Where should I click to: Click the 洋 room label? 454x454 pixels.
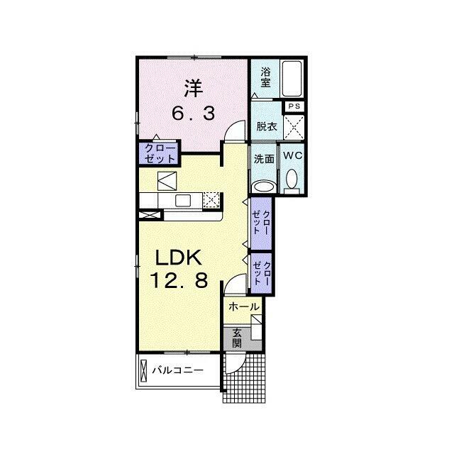(x=194, y=88)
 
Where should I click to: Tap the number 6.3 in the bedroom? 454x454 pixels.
(x=194, y=113)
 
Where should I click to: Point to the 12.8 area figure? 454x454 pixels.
(x=179, y=280)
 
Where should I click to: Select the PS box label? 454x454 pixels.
(x=294, y=106)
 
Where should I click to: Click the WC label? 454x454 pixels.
(x=292, y=155)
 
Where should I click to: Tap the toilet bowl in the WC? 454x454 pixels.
(x=292, y=179)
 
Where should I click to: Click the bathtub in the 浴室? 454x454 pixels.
(x=292, y=79)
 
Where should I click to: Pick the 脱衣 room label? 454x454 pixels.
(x=267, y=126)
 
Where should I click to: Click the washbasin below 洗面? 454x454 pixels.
(x=264, y=187)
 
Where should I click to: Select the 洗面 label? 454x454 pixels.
(x=264, y=159)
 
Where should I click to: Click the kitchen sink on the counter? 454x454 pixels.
(x=183, y=200)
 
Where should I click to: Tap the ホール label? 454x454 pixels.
(x=243, y=306)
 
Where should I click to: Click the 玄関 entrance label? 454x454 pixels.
(x=237, y=338)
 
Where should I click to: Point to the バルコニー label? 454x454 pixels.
(x=178, y=370)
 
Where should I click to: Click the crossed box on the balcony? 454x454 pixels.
(x=143, y=370)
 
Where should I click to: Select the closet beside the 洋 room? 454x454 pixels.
(x=160, y=154)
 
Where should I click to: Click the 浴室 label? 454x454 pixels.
(x=265, y=77)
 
